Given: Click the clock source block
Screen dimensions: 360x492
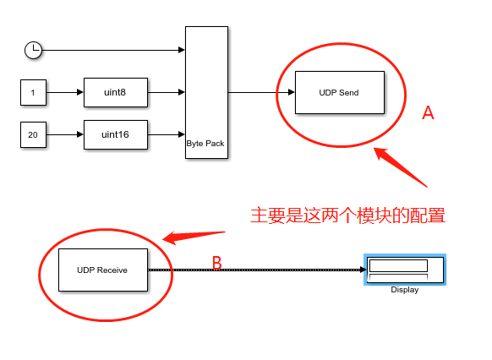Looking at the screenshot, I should (x=32, y=50).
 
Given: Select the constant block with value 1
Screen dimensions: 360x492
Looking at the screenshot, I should (x=32, y=91).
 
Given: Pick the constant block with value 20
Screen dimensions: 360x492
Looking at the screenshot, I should (x=32, y=134).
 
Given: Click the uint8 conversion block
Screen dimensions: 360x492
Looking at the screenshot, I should (x=115, y=91).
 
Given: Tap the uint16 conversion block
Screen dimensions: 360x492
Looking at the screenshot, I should (x=115, y=134).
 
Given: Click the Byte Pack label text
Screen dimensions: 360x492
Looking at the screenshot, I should (x=206, y=144).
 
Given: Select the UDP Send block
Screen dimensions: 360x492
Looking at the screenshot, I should (x=338, y=92).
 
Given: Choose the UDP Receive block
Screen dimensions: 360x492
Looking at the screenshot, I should (x=102, y=270).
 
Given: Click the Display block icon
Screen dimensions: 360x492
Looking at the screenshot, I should (x=405, y=270).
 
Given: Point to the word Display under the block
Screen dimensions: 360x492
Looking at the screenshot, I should (x=405, y=291).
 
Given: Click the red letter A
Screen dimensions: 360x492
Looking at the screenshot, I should (x=428, y=113).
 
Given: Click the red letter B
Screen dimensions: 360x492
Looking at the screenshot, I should (x=216, y=263).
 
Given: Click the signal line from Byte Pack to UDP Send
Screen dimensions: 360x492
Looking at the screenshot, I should (x=258, y=92).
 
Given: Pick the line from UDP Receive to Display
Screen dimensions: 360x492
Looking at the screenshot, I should (x=254, y=270).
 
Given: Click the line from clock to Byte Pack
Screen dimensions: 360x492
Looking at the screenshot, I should (x=110, y=50).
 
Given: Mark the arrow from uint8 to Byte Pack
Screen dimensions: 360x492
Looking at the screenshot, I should (x=167, y=91).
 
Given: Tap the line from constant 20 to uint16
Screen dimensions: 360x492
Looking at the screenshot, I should (x=64, y=134).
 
